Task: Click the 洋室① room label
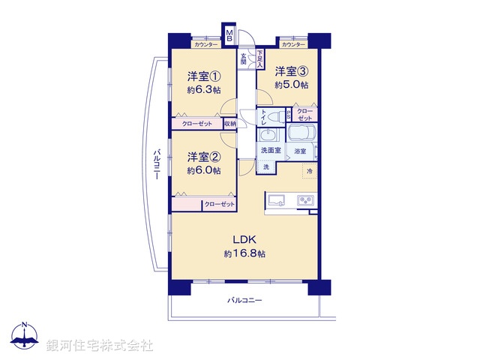coord(203,75)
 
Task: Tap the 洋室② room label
coord(203,157)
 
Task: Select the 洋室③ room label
coord(291,71)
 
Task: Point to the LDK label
coord(244,239)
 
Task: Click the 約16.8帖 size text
coord(244,254)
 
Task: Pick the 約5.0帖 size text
coord(291,85)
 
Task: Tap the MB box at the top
coord(229,36)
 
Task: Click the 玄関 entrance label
coord(244,56)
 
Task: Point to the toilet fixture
coord(277,115)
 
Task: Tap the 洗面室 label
coord(271,151)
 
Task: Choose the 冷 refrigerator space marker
coord(310,172)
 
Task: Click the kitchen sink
coord(275,200)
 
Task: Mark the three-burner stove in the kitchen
coord(306,200)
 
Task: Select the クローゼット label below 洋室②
coord(219,204)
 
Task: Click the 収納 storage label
coord(229,123)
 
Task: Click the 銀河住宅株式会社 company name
coord(100,345)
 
